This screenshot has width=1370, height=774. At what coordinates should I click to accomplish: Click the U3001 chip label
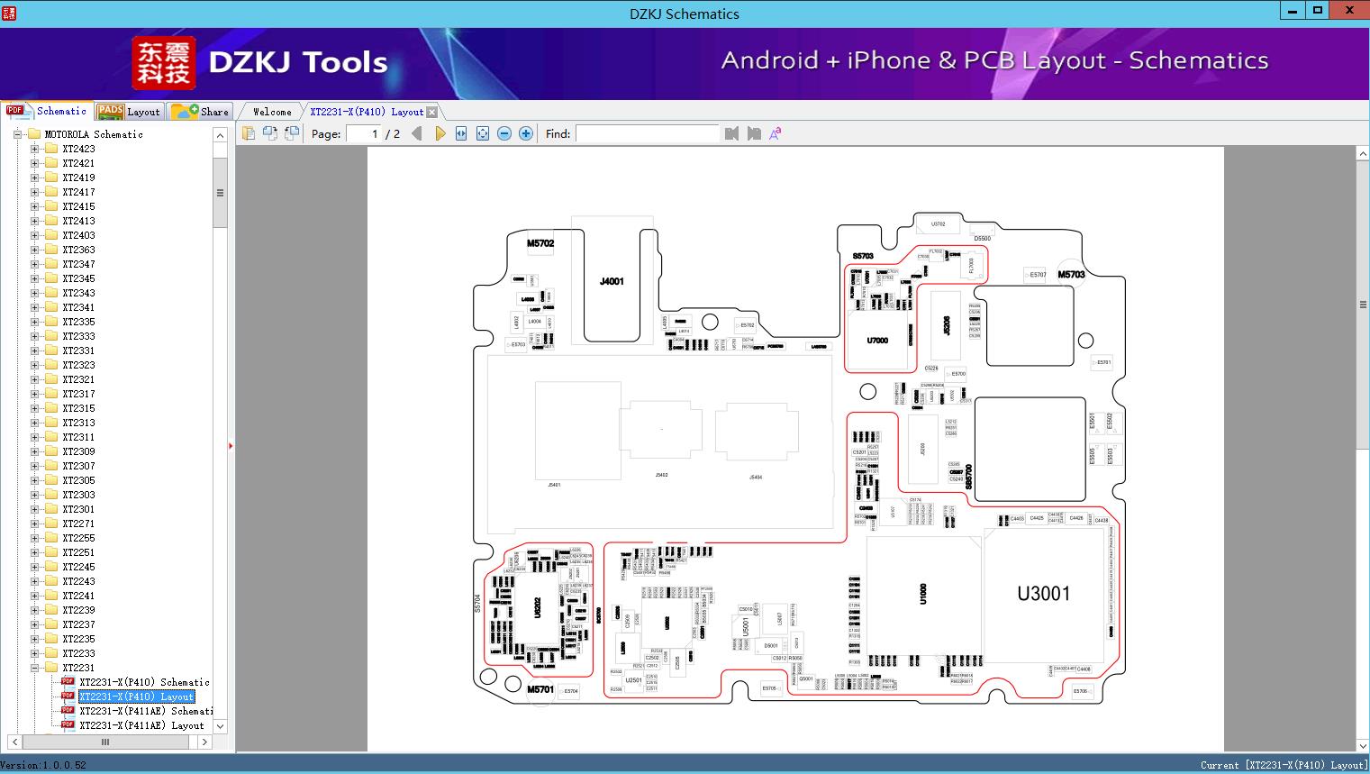click(x=1043, y=594)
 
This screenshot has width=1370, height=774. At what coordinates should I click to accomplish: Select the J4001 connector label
click(x=612, y=282)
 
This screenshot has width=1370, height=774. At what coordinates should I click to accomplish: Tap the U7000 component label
click(x=877, y=341)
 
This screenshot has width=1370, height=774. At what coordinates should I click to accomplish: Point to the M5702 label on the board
click(x=540, y=243)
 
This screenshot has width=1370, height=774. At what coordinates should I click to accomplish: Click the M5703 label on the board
click(x=1071, y=275)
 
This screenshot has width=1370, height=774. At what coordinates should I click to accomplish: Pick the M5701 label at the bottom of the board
click(x=540, y=689)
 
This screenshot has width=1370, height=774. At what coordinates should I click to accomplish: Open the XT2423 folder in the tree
click(x=78, y=149)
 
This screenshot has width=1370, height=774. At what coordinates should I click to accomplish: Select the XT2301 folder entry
click(x=78, y=509)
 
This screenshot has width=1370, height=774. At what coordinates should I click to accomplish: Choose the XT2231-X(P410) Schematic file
click(x=143, y=682)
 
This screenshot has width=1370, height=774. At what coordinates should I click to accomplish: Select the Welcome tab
click(x=272, y=112)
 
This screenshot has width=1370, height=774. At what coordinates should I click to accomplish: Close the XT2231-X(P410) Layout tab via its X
click(x=432, y=113)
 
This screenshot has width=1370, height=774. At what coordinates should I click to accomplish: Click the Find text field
click(x=647, y=133)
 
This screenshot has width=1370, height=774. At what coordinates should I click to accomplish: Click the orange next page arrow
click(x=440, y=133)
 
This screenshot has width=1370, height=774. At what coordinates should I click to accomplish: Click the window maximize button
click(x=1318, y=11)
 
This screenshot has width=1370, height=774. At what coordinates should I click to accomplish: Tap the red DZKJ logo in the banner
click(x=163, y=63)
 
